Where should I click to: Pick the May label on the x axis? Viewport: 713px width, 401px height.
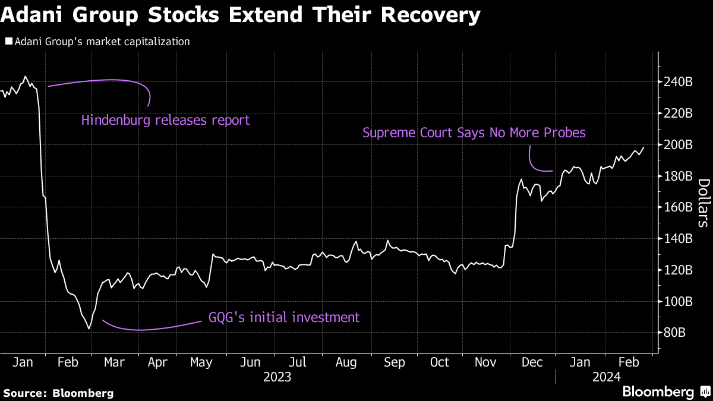[x=202, y=362]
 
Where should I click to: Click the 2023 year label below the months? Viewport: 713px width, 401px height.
[x=277, y=377]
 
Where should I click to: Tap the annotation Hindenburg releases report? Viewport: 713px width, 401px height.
[x=165, y=120]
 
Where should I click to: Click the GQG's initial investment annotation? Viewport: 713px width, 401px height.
[x=284, y=317]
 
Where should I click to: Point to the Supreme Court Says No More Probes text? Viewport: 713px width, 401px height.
[x=474, y=132]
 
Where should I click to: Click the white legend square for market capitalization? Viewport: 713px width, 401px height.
[x=8, y=42]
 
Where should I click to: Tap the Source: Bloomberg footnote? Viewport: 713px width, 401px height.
[x=58, y=393]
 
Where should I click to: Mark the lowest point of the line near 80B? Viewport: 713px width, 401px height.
[x=89, y=329]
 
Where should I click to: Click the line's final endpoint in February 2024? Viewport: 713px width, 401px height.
[x=643, y=147]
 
